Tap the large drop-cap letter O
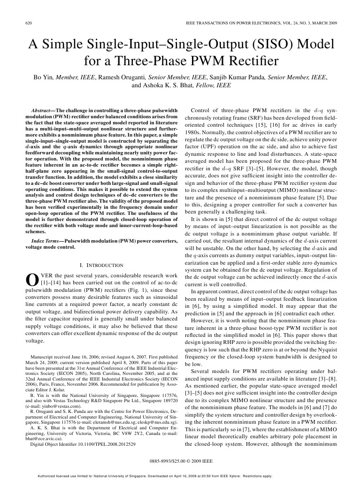[x=30, y=279]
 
